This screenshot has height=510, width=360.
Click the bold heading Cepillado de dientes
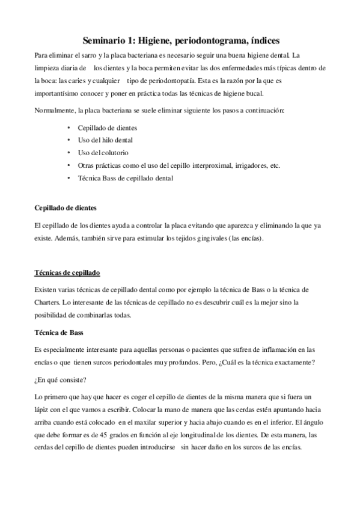pyautogui.click(x=66, y=208)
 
